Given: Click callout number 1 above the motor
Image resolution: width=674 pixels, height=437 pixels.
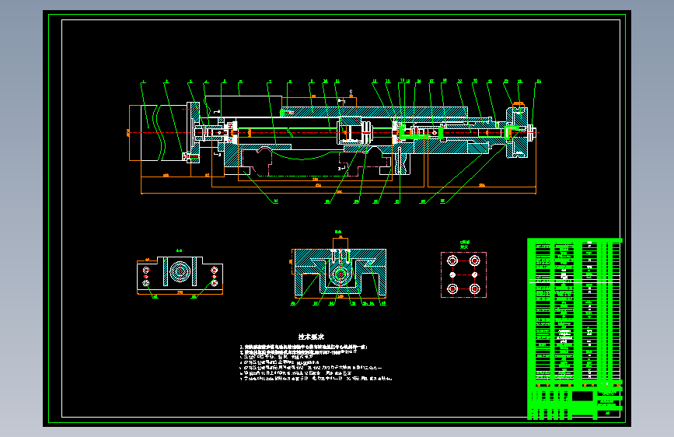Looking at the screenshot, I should point(143,81).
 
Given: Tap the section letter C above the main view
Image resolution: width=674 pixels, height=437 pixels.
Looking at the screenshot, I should point(351,91).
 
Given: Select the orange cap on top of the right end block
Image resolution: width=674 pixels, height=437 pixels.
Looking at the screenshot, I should point(519,103).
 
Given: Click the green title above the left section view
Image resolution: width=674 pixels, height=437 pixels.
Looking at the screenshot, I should point(179,250).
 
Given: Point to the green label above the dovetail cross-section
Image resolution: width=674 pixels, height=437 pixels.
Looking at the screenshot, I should point(338,232).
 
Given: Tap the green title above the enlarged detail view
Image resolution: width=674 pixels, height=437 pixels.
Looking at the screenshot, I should point(464,243).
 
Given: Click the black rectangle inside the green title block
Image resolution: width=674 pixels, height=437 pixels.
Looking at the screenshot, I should point(581,396).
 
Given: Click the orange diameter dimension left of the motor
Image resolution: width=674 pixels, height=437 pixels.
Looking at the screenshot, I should point(128,133).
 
